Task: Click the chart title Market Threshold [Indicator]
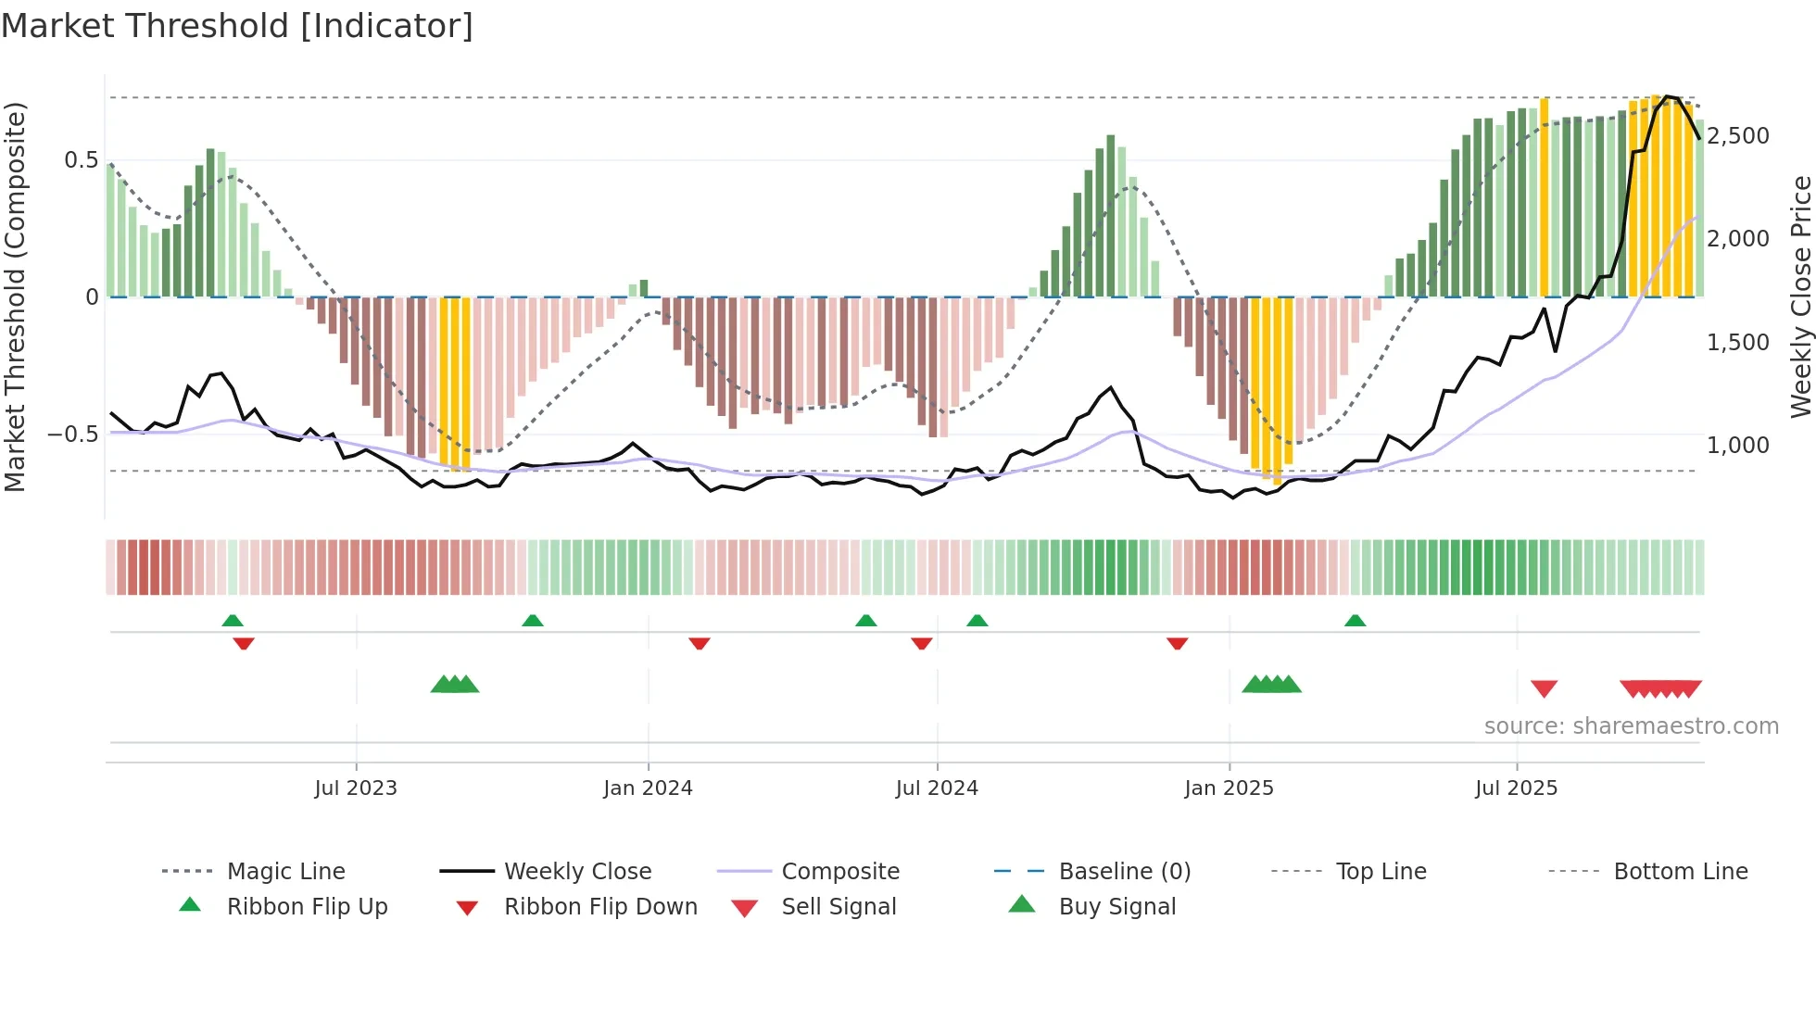237,26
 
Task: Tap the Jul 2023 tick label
356,788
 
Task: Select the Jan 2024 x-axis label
648,788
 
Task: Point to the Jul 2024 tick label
937,788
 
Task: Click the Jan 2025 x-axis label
1229,788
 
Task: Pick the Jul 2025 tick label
1516,788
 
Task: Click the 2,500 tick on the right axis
1738,136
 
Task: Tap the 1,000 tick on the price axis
1738,446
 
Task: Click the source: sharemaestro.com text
1631,726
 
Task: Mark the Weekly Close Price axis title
1800,296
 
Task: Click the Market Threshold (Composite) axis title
15,296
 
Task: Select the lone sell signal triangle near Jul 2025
1544,688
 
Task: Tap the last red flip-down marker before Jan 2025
1177,643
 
